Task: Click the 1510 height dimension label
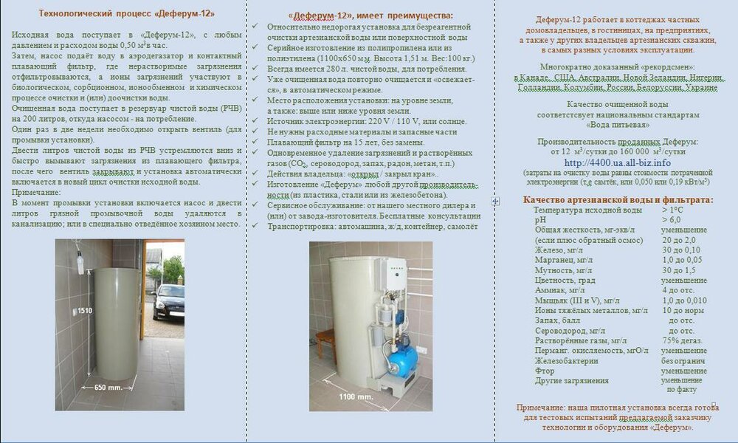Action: tap(84, 311)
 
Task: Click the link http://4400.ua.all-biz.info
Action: tap(617, 162)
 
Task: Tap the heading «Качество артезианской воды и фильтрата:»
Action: tap(618, 199)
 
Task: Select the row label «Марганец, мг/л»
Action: tap(562, 260)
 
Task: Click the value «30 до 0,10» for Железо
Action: tap(681, 250)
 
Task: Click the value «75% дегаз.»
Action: tap(681, 340)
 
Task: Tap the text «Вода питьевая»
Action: tap(617, 126)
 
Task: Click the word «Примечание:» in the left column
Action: tap(37, 192)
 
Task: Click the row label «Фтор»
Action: tap(545, 371)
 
